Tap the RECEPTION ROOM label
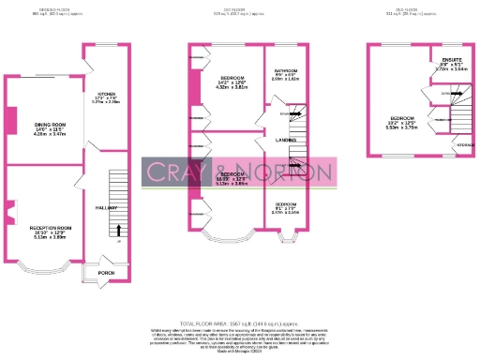point(51,229)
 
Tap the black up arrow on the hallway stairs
point(119,228)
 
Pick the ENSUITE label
point(450,60)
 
